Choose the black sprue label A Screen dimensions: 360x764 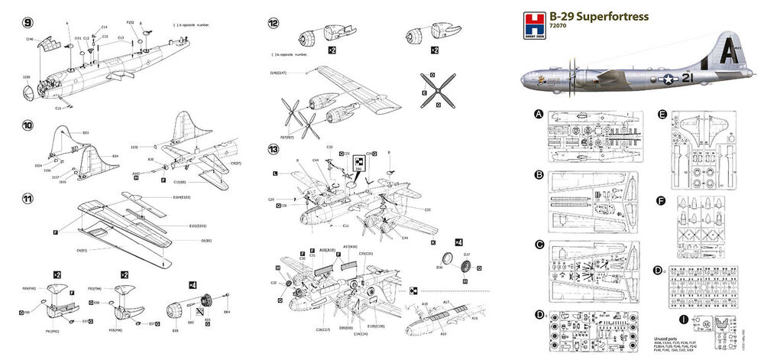(539, 115)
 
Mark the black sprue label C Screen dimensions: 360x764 (539, 245)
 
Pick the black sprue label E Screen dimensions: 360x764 (662, 115)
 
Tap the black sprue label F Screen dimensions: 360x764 (662, 201)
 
